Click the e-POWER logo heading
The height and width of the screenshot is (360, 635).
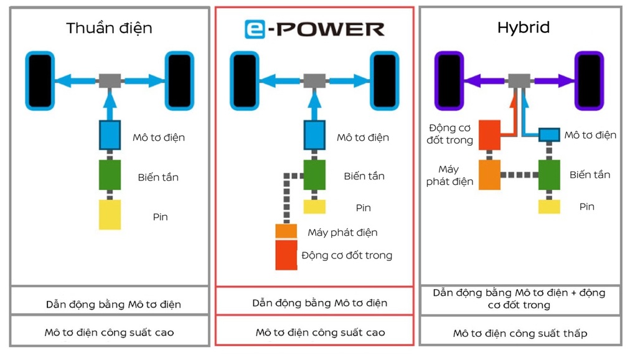pyautogui.click(x=314, y=29)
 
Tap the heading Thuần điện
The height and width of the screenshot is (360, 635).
pyautogui.click(x=109, y=28)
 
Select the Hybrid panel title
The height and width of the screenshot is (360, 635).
pyautogui.click(x=523, y=27)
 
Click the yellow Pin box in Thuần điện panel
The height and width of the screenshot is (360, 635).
pyautogui.click(x=110, y=215)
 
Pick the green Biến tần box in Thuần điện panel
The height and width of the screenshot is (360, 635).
pyautogui.click(x=110, y=175)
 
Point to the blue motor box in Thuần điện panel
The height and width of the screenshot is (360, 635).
pyautogui.click(x=110, y=135)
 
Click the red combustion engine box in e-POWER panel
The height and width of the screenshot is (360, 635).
pyautogui.click(x=286, y=255)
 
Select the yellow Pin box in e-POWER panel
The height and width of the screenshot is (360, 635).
pyautogui.click(x=314, y=207)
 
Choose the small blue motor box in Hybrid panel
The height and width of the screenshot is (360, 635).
pyautogui.click(x=549, y=135)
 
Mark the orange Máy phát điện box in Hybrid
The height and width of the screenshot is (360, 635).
pyautogui.click(x=489, y=175)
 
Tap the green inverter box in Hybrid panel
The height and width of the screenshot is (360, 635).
pyautogui.click(x=549, y=175)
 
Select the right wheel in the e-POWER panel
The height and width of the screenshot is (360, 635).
pyautogui.click(x=384, y=80)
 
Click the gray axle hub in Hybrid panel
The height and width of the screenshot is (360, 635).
pyautogui.click(x=519, y=80)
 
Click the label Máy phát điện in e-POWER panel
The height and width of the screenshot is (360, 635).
pyautogui.click(x=342, y=232)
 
